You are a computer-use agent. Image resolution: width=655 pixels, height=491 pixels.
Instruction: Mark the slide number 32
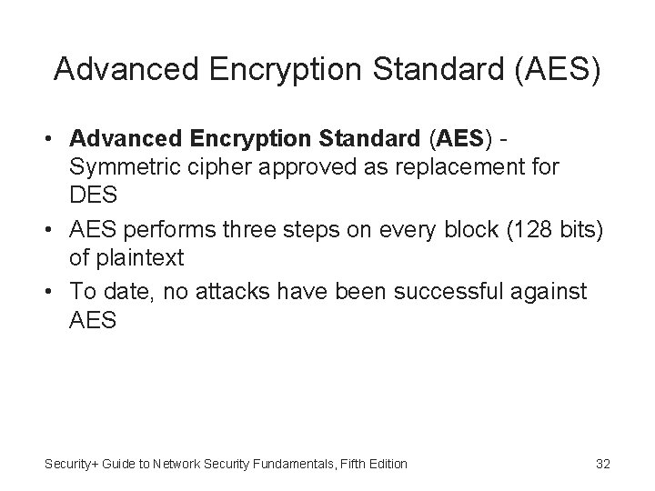point(602,464)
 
